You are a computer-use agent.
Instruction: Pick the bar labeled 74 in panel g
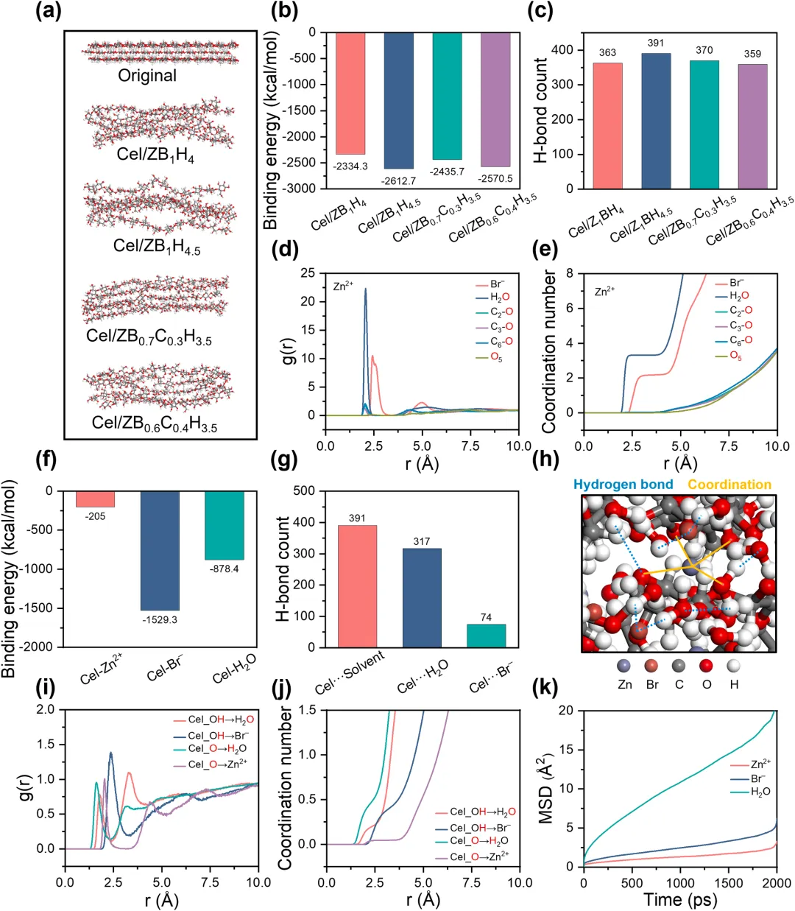pyautogui.click(x=486, y=636)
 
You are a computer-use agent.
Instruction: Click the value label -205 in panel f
pyautogui.click(x=95, y=516)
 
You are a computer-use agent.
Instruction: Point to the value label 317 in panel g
pyautogui.click(x=422, y=541)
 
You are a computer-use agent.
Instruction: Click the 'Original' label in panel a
pyautogui.click(x=147, y=75)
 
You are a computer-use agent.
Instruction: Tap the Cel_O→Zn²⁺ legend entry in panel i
pyautogui.click(x=217, y=764)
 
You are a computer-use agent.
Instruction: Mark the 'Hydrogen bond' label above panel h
pyautogui.click(x=623, y=484)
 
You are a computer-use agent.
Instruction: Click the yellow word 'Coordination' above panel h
pyautogui.click(x=729, y=484)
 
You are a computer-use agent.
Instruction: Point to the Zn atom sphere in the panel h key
pyautogui.click(x=626, y=666)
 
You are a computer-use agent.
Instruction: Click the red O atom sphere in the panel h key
pyautogui.click(x=706, y=666)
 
